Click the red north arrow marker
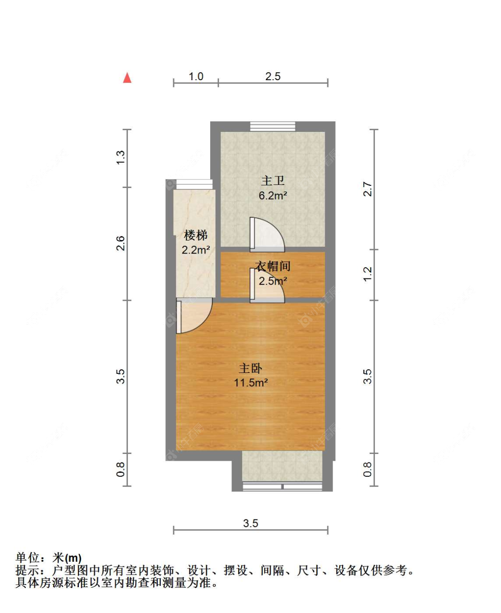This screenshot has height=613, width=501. (x=127, y=78)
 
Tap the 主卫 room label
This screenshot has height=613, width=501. (x=273, y=180)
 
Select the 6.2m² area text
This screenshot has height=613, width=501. (x=273, y=196)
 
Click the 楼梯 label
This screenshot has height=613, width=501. (x=196, y=235)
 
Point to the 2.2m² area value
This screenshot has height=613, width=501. (x=196, y=250)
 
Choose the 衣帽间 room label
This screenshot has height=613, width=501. (x=273, y=266)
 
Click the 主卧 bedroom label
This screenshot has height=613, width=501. (x=250, y=368)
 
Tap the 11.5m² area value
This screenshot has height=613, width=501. (x=250, y=383)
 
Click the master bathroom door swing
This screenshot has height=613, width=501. (x=266, y=234)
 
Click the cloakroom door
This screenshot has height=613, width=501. (x=266, y=286)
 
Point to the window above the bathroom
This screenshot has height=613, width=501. (x=273, y=126)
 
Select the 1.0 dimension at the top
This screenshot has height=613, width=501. (x=196, y=77)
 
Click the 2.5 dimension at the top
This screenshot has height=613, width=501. (x=273, y=77)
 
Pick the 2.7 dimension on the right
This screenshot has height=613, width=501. (x=367, y=189)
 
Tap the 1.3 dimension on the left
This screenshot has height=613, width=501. (x=121, y=158)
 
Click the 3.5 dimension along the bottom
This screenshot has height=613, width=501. (x=250, y=523)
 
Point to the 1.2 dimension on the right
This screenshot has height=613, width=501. (x=367, y=274)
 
